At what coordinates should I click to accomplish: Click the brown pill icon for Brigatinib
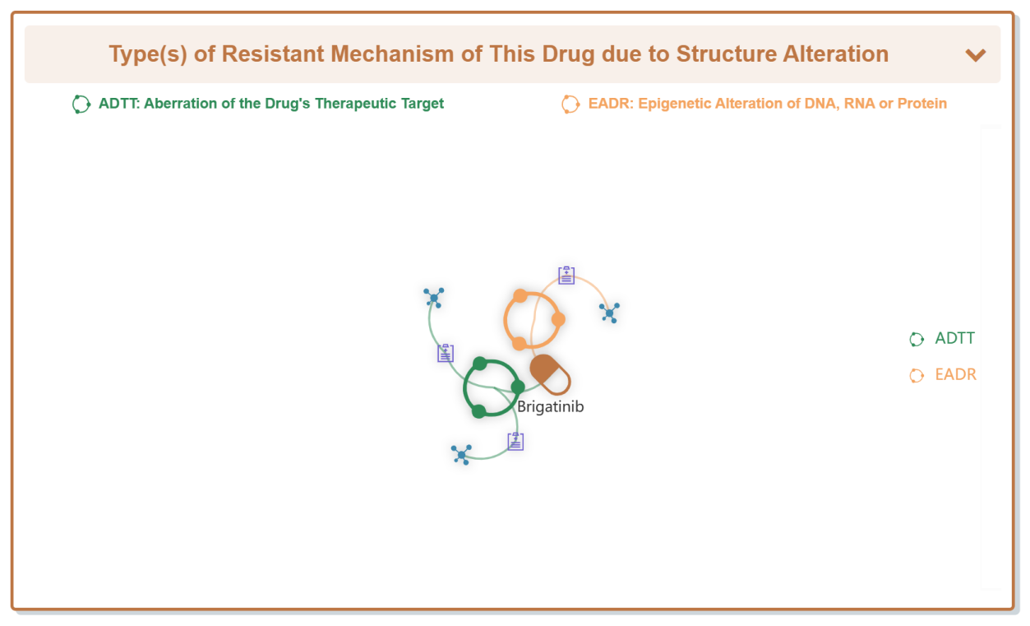[x=550, y=374]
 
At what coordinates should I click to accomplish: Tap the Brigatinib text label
[x=551, y=407]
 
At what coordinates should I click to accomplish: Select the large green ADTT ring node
[x=465, y=389]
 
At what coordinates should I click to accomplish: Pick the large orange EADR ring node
[x=506, y=319]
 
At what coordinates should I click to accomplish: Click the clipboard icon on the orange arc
[x=566, y=276]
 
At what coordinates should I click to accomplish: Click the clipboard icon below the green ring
[x=515, y=441]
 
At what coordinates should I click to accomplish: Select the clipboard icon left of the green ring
[x=445, y=353]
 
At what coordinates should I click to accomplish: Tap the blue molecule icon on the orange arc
[x=610, y=313]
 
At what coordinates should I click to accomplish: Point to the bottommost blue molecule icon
[x=461, y=455]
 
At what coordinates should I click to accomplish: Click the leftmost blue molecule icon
[x=433, y=298]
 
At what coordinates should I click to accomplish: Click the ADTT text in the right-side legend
[x=954, y=338]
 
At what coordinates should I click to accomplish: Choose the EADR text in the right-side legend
[x=955, y=374]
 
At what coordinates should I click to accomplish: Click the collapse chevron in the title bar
[x=975, y=55]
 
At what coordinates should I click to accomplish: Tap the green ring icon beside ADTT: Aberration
[x=81, y=104]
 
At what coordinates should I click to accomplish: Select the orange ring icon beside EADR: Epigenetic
[x=570, y=104]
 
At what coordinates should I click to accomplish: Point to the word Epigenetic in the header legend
[x=672, y=104]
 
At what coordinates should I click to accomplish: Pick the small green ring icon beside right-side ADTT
[x=917, y=339]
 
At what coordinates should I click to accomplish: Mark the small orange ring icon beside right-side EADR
[x=917, y=376]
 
